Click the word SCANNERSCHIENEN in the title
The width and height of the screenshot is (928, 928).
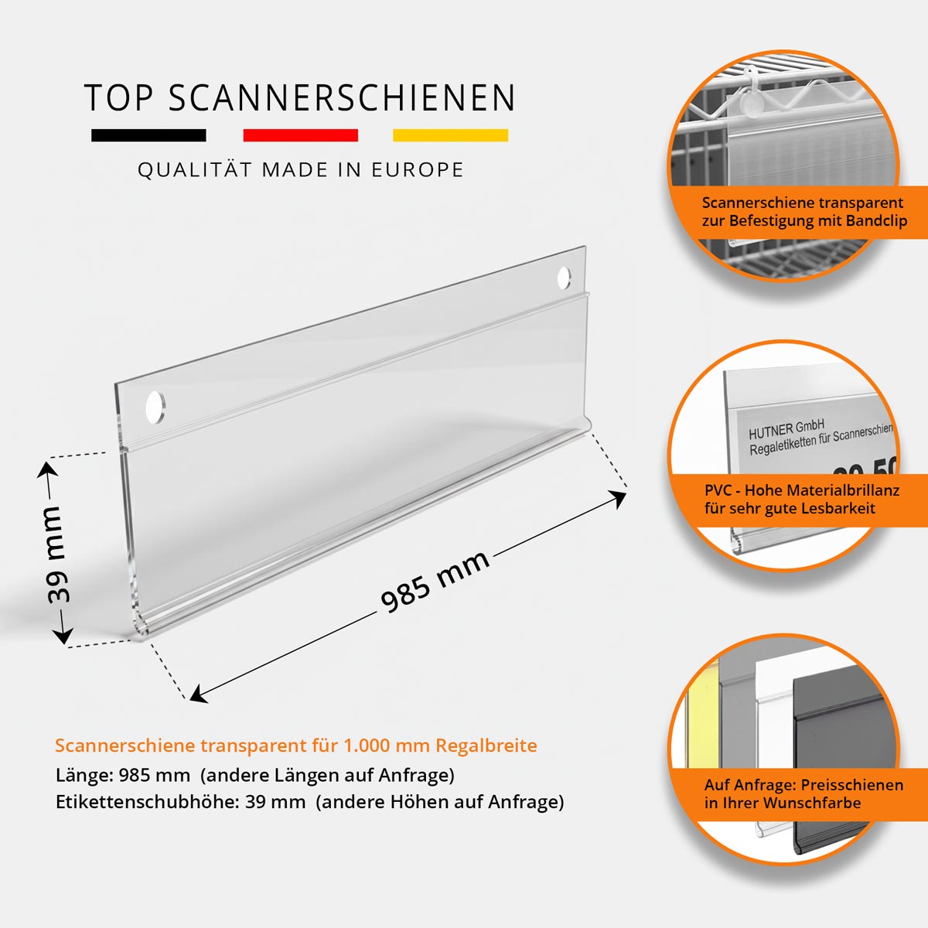tap(341, 98)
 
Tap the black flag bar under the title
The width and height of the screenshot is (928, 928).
tap(148, 135)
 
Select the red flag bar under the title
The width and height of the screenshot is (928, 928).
tap(300, 135)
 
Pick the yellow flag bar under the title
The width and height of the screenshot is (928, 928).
tap(450, 135)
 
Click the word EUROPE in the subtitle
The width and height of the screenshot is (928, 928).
tap(418, 170)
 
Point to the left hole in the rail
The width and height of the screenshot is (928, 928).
tap(155, 406)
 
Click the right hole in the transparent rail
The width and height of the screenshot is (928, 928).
tap(564, 278)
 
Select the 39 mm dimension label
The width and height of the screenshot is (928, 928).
tap(56, 554)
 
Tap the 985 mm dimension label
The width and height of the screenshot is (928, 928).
tap(435, 581)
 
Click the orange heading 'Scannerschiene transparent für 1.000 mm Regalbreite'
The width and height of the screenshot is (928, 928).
tap(295, 745)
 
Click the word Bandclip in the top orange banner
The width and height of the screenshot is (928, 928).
tap(876, 221)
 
